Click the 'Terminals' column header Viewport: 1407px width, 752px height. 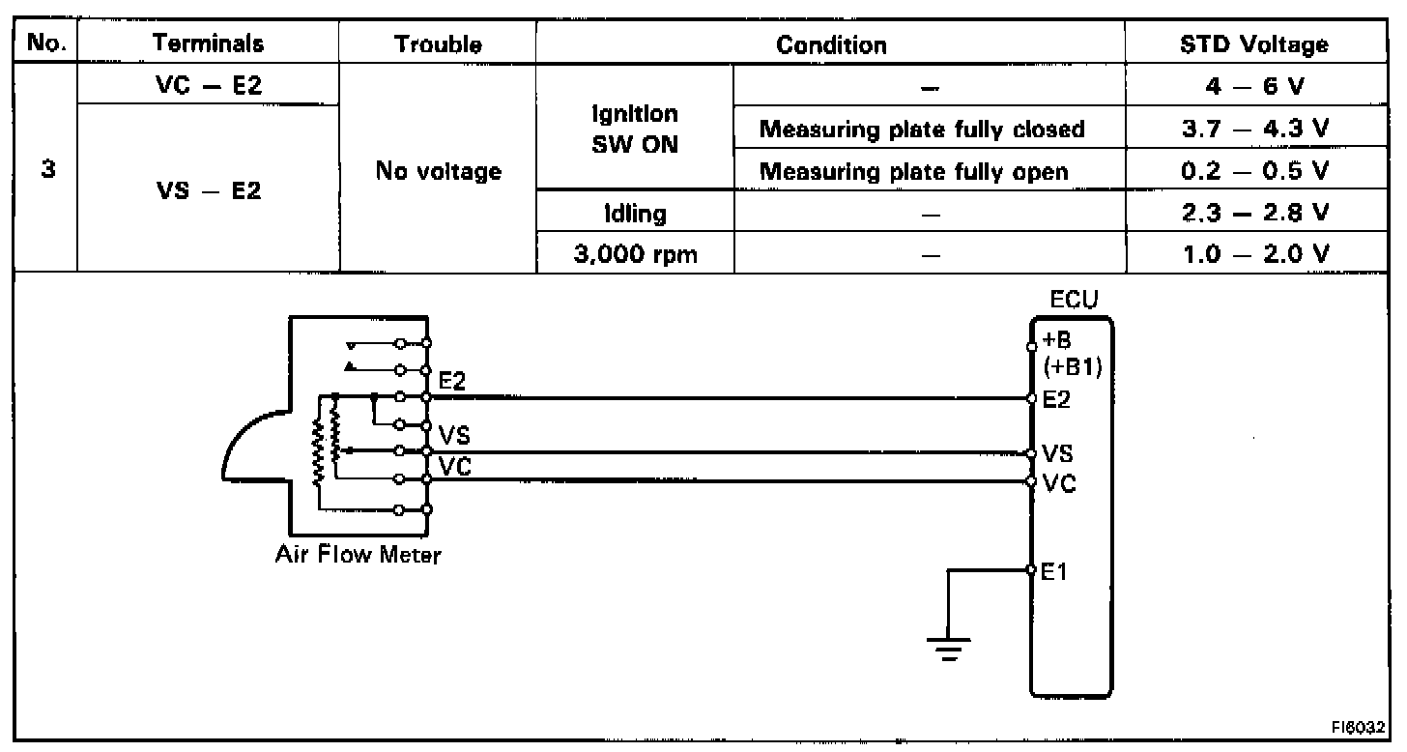coord(208,43)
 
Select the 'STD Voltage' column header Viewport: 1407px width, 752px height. coord(1254,43)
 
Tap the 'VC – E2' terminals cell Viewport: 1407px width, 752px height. coord(207,85)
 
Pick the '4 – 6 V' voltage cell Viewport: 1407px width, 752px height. coord(1254,85)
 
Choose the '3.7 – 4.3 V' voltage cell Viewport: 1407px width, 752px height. coord(1254,129)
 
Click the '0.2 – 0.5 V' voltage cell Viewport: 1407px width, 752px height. coord(1254,171)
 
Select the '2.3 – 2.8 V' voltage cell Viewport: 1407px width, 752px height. coord(1254,213)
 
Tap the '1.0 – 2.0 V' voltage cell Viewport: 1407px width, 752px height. coord(1254,254)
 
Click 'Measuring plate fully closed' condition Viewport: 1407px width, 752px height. coord(929,129)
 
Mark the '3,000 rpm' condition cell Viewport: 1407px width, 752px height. coord(634,255)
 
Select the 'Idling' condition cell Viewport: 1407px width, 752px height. coord(634,213)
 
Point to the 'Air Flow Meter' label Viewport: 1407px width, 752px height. coord(357,556)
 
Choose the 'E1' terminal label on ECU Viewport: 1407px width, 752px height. coord(1054,572)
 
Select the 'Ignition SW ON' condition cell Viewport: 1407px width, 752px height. coord(634,129)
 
